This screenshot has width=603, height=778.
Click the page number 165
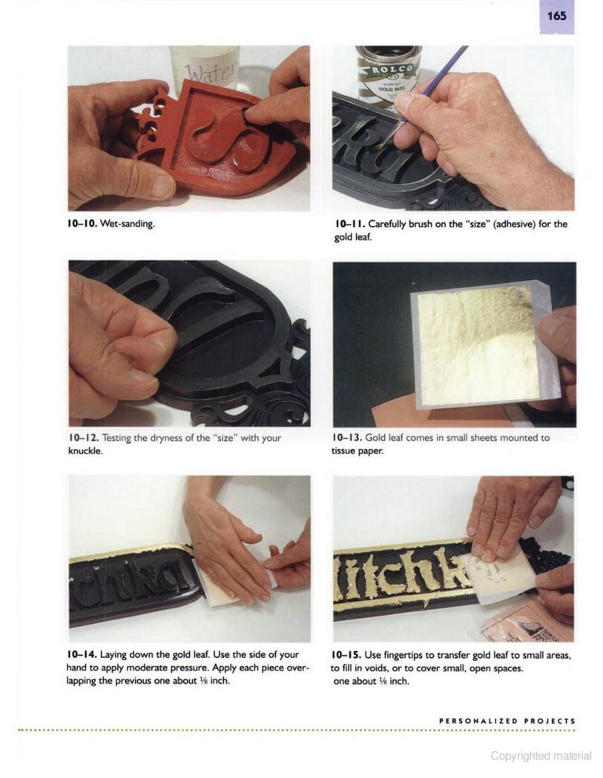(x=557, y=16)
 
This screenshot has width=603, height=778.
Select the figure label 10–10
(x=82, y=224)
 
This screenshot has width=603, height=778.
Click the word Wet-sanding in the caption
(x=128, y=224)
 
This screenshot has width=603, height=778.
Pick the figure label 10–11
(x=349, y=225)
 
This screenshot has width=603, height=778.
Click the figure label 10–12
(x=83, y=439)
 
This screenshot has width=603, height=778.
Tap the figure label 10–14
(x=82, y=655)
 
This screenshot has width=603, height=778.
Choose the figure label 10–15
(x=346, y=656)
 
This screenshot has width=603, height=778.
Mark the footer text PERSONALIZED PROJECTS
(x=507, y=721)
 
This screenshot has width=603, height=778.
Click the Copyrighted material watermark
(x=541, y=756)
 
